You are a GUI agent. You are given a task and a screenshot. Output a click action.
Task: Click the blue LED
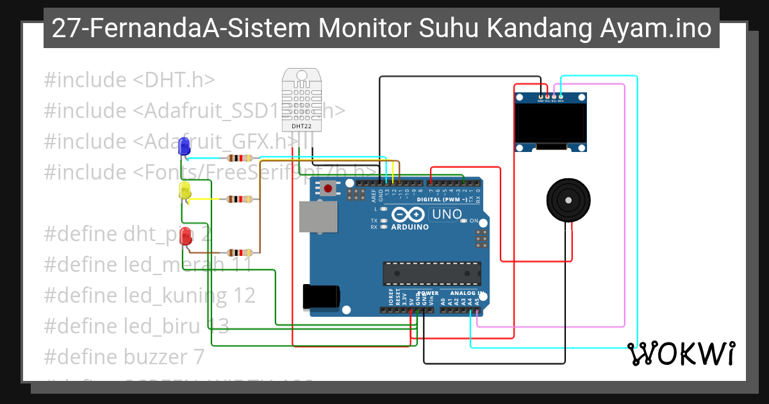pyautogui.click(x=185, y=147)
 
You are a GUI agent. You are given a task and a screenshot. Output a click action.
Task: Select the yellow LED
pyautogui.click(x=185, y=191)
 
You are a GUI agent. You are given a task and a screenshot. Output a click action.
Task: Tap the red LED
pyautogui.click(x=186, y=236)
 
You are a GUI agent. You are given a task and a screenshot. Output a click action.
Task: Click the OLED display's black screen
pyautogui.click(x=551, y=122)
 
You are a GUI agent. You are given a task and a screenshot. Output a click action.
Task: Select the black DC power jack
pyautogui.click(x=321, y=297)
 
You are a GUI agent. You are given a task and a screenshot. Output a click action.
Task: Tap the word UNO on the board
pyautogui.click(x=447, y=215)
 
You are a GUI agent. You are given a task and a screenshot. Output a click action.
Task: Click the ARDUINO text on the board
pyautogui.click(x=410, y=227)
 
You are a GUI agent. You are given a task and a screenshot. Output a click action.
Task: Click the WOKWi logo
pyautogui.click(x=681, y=353)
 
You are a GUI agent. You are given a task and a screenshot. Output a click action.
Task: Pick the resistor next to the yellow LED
pyautogui.click(x=239, y=199)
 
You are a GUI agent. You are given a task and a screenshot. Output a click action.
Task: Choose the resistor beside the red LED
pyautogui.click(x=239, y=253)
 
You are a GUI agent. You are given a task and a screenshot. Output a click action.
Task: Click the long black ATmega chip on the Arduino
pyautogui.click(x=432, y=273)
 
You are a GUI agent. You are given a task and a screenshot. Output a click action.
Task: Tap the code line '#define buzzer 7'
pyautogui.click(x=124, y=356)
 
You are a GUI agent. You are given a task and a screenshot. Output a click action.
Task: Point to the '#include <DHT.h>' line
pyautogui.click(x=129, y=80)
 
